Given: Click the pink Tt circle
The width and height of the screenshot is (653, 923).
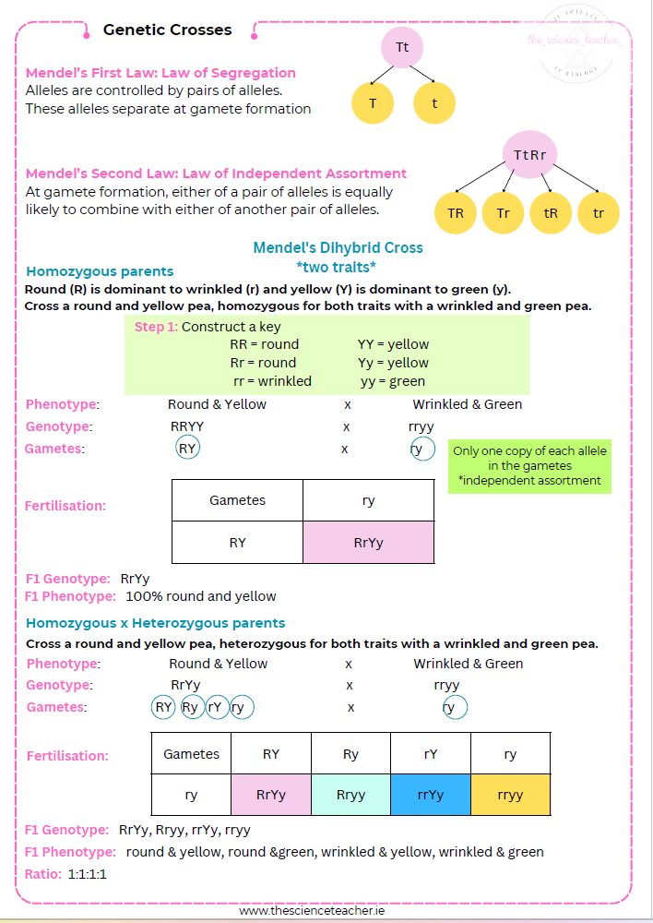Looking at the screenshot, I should coord(402,47).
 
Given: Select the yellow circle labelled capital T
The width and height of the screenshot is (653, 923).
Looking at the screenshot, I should coord(373,103).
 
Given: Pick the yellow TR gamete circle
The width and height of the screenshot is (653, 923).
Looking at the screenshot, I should coord(456,213).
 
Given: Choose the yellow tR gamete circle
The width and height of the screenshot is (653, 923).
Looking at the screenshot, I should coord(552,213).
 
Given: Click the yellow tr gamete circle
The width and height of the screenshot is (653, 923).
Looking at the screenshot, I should coord(599,213).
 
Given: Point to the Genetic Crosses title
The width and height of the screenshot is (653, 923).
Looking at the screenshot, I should coord(167,30).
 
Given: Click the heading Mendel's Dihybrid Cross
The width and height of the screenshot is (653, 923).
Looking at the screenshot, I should coord(338,247).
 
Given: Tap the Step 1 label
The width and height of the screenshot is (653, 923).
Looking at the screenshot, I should coord(156,327).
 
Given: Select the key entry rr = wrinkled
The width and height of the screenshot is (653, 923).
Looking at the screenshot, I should coord(272,380).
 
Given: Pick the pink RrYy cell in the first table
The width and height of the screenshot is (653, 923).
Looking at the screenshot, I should coord(368,543).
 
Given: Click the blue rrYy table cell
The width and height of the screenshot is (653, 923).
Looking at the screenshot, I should coord(431,795).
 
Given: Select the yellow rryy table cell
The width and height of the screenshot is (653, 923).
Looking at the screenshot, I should coord(510,795).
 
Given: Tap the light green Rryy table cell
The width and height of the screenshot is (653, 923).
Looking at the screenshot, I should coord(350,795).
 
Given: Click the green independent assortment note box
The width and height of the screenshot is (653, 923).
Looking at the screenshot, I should coord(529,466).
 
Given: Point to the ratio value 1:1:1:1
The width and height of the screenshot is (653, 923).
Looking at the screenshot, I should coord(88,873).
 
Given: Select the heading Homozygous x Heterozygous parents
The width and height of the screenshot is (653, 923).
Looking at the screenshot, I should coord(155,623).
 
